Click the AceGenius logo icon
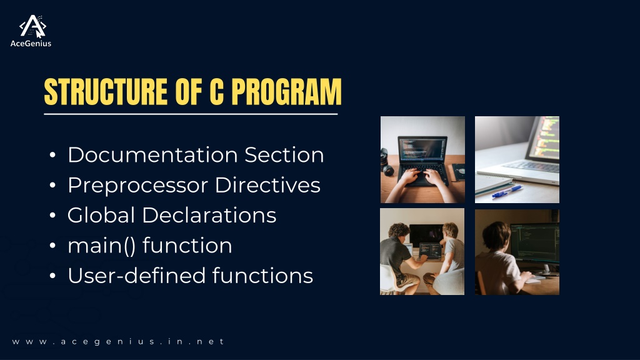pos(32,26)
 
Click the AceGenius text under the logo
pos(31,44)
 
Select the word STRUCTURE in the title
pos(106,91)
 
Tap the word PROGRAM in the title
pos(286,91)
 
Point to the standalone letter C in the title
pos(216,91)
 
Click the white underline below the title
pos(191,114)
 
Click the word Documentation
pos(152,155)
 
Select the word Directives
pos(267,185)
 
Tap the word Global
pos(101,215)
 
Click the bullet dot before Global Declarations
pos(52,215)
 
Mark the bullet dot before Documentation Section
pos(52,155)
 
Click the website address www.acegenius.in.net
pos(118,342)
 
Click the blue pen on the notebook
pos(507,191)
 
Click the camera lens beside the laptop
pos(386,162)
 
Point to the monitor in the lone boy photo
pos(535,243)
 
